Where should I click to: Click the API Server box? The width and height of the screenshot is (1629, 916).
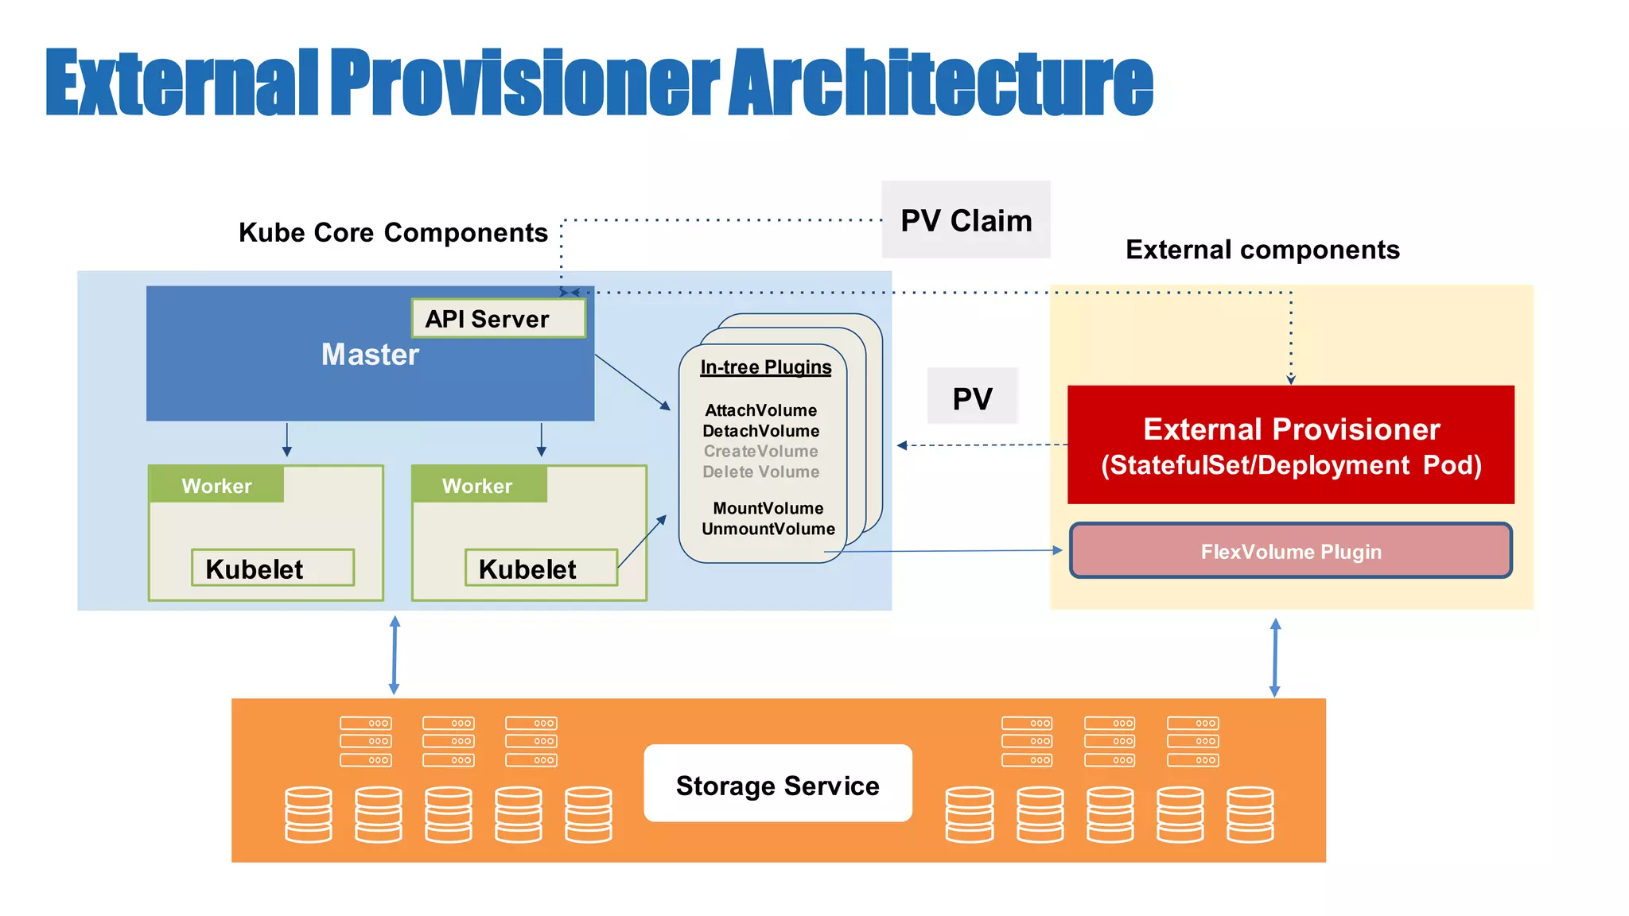[x=498, y=319]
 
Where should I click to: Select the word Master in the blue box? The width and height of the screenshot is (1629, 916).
[x=370, y=355]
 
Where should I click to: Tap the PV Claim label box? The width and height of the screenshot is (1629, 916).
[x=966, y=220]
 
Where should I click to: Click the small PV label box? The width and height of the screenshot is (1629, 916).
[x=972, y=398]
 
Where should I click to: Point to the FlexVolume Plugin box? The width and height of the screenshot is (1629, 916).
[x=1290, y=551]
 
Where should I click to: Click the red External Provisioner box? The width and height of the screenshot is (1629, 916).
[x=1290, y=445]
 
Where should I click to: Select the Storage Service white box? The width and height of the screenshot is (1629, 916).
[x=777, y=785]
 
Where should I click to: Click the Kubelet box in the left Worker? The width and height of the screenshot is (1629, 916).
[x=272, y=569]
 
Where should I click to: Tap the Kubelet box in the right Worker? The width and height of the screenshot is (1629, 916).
[x=541, y=569]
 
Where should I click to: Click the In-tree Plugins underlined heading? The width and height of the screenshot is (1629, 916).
[x=765, y=367]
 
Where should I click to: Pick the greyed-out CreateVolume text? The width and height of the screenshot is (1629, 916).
[x=760, y=452]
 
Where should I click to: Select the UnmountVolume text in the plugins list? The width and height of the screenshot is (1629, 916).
[x=768, y=530]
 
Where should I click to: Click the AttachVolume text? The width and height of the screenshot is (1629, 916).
[x=760, y=411]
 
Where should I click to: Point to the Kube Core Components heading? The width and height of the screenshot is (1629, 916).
[x=393, y=233]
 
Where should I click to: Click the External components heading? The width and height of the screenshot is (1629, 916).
[x=1262, y=250]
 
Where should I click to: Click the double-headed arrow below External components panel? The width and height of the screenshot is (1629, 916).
[x=1275, y=658]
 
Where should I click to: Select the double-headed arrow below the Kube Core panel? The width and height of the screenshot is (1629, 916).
[x=395, y=654]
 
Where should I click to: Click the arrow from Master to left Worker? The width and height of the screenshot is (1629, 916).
[x=287, y=440]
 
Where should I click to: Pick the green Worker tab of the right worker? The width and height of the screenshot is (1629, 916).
[x=478, y=485]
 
